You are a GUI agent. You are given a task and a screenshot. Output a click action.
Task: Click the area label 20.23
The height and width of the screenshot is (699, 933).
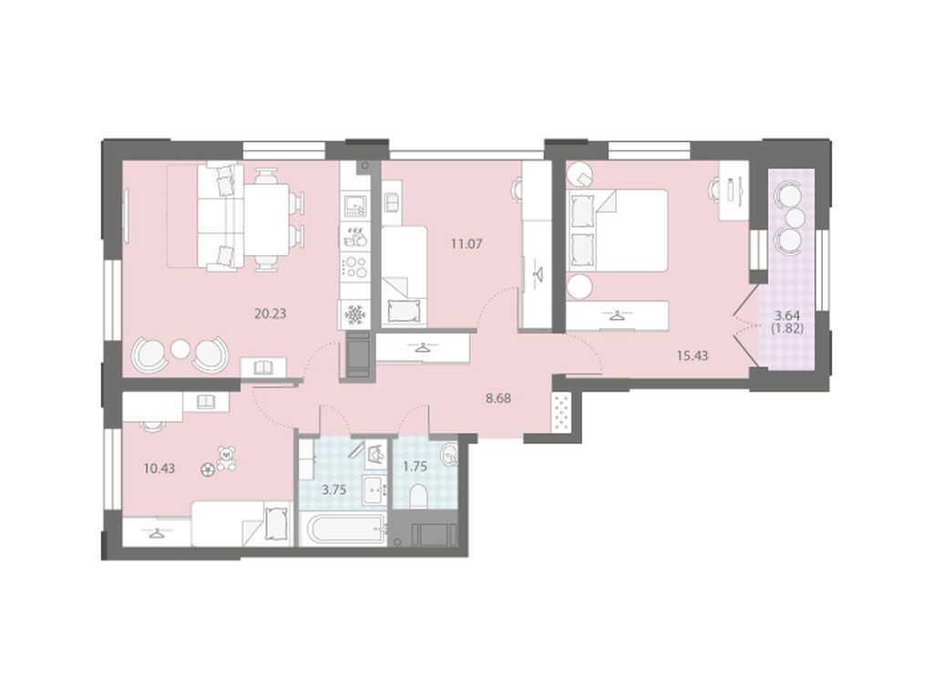270,314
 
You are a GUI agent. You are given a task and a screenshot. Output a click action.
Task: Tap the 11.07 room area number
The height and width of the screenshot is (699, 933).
466,243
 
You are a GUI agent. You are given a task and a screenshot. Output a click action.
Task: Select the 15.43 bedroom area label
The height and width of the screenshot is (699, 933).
692,356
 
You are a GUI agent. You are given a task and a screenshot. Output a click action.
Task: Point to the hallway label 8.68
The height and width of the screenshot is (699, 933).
498,398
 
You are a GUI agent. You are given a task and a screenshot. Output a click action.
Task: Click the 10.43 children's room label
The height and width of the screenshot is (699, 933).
159,468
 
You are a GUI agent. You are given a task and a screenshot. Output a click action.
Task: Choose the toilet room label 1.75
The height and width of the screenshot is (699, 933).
415,467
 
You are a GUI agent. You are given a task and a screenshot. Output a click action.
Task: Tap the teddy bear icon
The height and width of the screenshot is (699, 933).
226,458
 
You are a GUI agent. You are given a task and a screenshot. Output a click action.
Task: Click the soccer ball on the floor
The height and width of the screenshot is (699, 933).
207,469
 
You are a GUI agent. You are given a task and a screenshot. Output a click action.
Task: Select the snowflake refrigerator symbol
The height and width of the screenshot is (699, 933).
355,314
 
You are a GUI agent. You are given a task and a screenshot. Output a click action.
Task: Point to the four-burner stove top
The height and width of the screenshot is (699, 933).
355,265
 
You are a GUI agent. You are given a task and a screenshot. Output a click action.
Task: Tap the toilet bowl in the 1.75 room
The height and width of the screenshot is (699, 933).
419,496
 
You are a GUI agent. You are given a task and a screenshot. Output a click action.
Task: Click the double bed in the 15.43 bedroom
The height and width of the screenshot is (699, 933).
617,231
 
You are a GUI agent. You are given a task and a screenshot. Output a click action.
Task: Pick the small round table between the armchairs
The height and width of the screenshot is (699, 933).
179,350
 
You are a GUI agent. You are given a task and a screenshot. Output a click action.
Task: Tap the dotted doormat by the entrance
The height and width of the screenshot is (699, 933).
562,412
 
